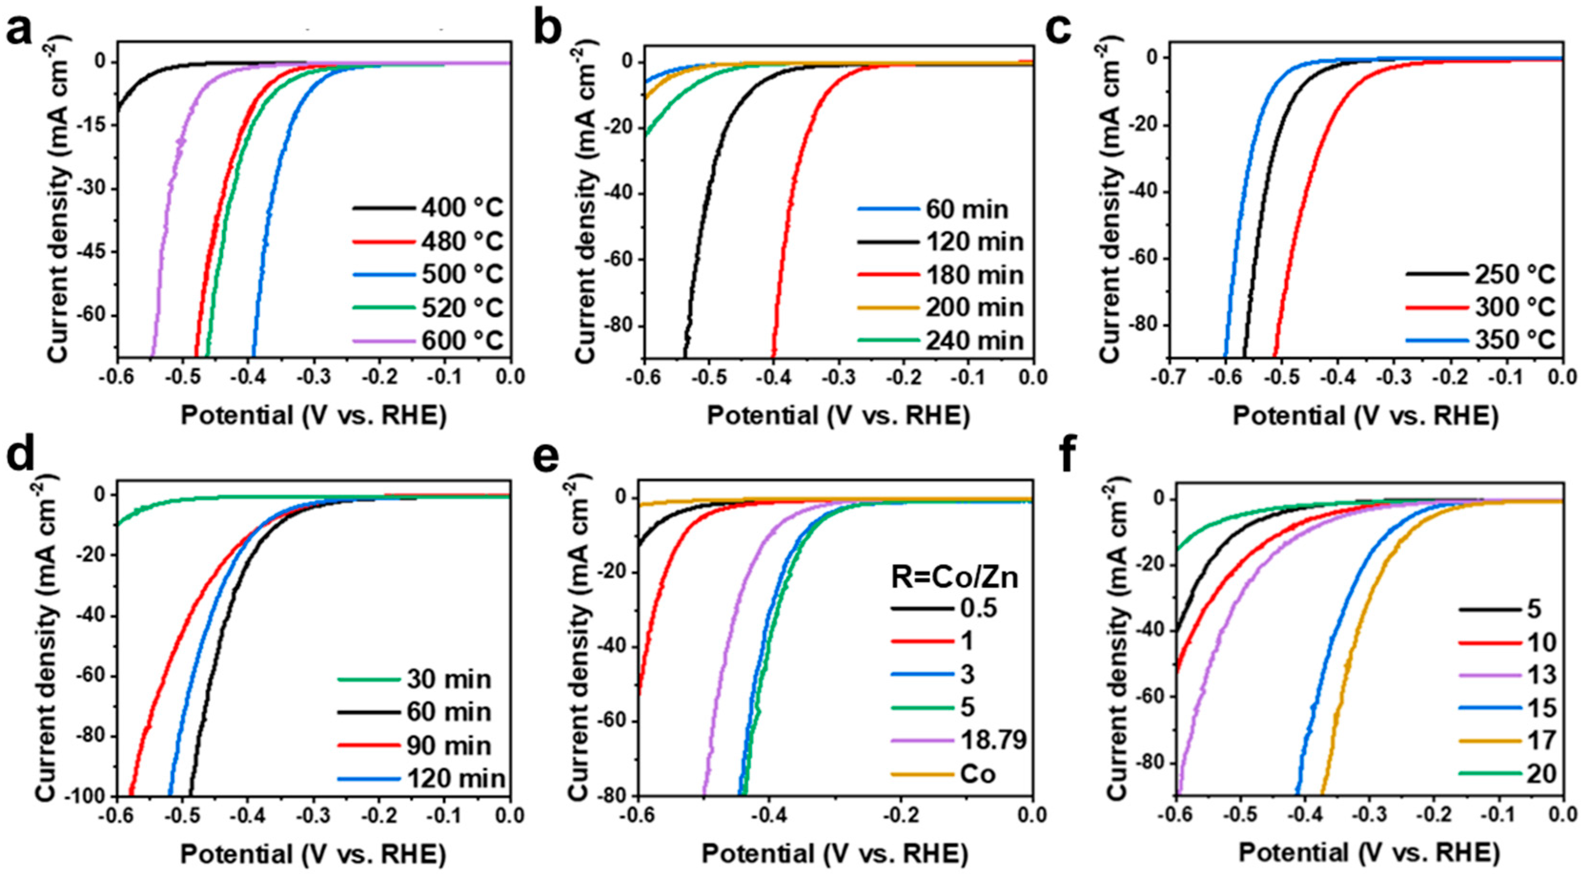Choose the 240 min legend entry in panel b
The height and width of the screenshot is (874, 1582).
[x=974, y=340]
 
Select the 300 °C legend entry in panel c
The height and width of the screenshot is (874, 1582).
[x=1514, y=307]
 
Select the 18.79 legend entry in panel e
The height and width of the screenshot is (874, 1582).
[x=993, y=740]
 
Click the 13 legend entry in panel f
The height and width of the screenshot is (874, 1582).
[x=1541, y=675]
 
